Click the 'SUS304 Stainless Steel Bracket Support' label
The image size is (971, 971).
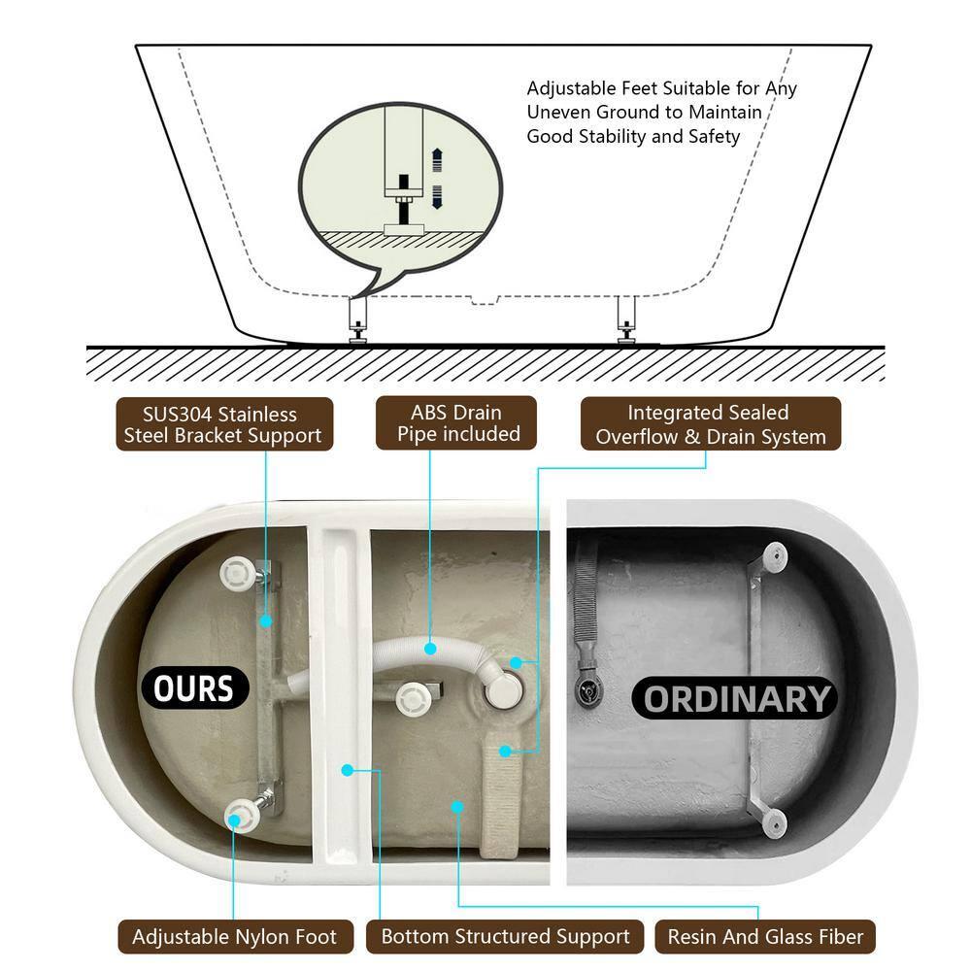[x=224, y=424]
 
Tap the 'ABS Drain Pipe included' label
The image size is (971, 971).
[x=456, y=423]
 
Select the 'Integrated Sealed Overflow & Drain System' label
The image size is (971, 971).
[x=711, y=423]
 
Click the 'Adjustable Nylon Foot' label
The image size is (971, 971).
[x=235, y=936]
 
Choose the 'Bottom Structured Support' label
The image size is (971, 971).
[x=505, y=936]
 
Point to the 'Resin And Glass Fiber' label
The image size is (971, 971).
[x=765, y=936]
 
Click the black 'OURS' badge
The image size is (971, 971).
[x=194, y=688]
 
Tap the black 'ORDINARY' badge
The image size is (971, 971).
[x=735, y=698]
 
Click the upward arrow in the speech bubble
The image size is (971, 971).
[x=437, y=160]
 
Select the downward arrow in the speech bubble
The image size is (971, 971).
[x=437, y=196]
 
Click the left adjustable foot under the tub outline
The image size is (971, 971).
[x=357, y=320]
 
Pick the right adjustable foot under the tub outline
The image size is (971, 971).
[x=626, y=320]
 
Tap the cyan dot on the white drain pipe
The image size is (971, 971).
[x=430, y=649]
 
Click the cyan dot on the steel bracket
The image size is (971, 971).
[x=266, y=621]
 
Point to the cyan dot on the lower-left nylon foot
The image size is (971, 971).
[x=234, y=820]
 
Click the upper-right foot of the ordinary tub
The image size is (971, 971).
[x=775, y=556]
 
